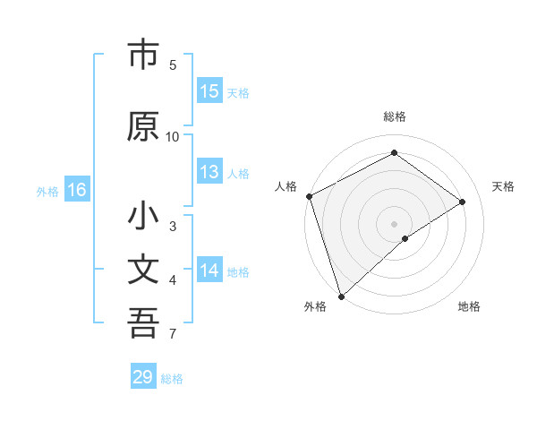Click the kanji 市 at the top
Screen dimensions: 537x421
(143, 56)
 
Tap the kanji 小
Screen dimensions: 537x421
(143, 217)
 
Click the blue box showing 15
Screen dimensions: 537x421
(209, 91)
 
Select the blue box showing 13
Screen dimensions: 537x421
(209, 173)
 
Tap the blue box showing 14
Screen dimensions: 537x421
(209, 271)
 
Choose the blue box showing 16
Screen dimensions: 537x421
(76, 190)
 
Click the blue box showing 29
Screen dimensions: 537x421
(143, 377)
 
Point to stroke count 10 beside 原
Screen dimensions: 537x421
(173, 136)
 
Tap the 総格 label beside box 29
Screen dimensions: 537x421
(172, 379)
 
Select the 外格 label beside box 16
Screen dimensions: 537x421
(47, 191)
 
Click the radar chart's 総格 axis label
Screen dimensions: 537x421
(395, 116)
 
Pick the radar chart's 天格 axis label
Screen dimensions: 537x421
(503, 186)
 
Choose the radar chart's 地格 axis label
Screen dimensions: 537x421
(469, 306)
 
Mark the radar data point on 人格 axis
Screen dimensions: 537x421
(309, 196)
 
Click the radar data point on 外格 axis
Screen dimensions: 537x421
(341, 296)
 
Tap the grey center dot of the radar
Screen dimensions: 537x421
(395, 223)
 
